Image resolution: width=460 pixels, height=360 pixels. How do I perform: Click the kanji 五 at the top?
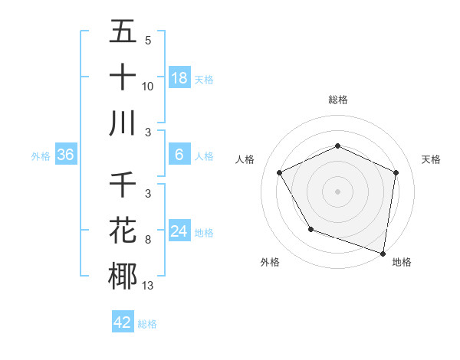[123, 32]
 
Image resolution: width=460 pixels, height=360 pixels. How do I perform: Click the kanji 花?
[123, 231]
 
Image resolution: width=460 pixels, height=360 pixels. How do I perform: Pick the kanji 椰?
[123, 276]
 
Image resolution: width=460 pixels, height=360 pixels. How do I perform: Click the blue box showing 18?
[179, 78]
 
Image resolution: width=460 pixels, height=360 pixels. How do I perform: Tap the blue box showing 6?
[179, 155]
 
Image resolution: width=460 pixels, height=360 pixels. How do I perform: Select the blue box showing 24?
[179, 231]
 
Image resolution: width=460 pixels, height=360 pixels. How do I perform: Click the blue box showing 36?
[66, 155]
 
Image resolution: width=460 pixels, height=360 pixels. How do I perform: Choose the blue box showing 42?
[123, 322]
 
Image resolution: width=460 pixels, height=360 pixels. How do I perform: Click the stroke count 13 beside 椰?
[148, 286]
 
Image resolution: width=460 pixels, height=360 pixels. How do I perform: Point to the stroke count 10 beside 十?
[148, 86]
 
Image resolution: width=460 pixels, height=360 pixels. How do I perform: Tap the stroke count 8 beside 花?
[148, 240]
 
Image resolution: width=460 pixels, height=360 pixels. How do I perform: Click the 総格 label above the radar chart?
[337, 100]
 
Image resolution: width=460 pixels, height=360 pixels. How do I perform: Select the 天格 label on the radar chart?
[431, 159]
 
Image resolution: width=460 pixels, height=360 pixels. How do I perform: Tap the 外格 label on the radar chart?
[270, 262]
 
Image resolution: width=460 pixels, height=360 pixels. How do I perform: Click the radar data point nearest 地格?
[383, 253]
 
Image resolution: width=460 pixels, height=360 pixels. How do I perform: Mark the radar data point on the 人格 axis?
[280, 172]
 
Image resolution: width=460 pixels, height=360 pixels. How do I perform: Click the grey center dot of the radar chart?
[337, 191]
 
